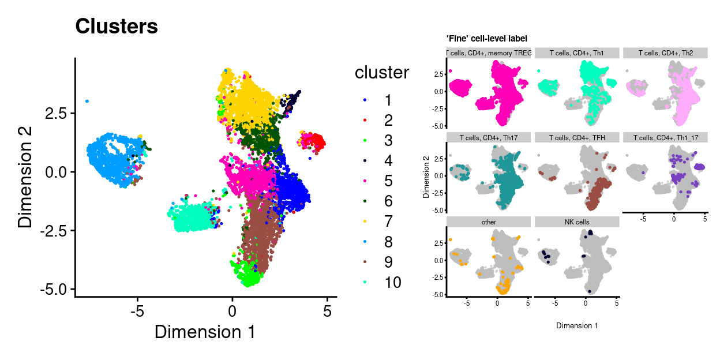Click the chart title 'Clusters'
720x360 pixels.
(x=116, y=27)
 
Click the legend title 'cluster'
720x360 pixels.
(x=381, y=73)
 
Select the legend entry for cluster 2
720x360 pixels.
(x=388, y=121)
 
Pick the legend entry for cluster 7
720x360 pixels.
(x=388, y=222)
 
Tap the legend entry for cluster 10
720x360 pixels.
(x=392, y=282)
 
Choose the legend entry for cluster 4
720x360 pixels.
(x=388, y=161)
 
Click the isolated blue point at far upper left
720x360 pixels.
(x=87, y=101)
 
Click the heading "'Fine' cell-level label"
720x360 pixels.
(x=486, y=39)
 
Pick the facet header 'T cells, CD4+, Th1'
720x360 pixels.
(x=577, y=53)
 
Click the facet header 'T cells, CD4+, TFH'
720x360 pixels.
(x=577, y=137)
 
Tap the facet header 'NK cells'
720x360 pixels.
(x=577, y=222)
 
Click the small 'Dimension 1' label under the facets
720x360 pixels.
(x=577, y=325)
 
